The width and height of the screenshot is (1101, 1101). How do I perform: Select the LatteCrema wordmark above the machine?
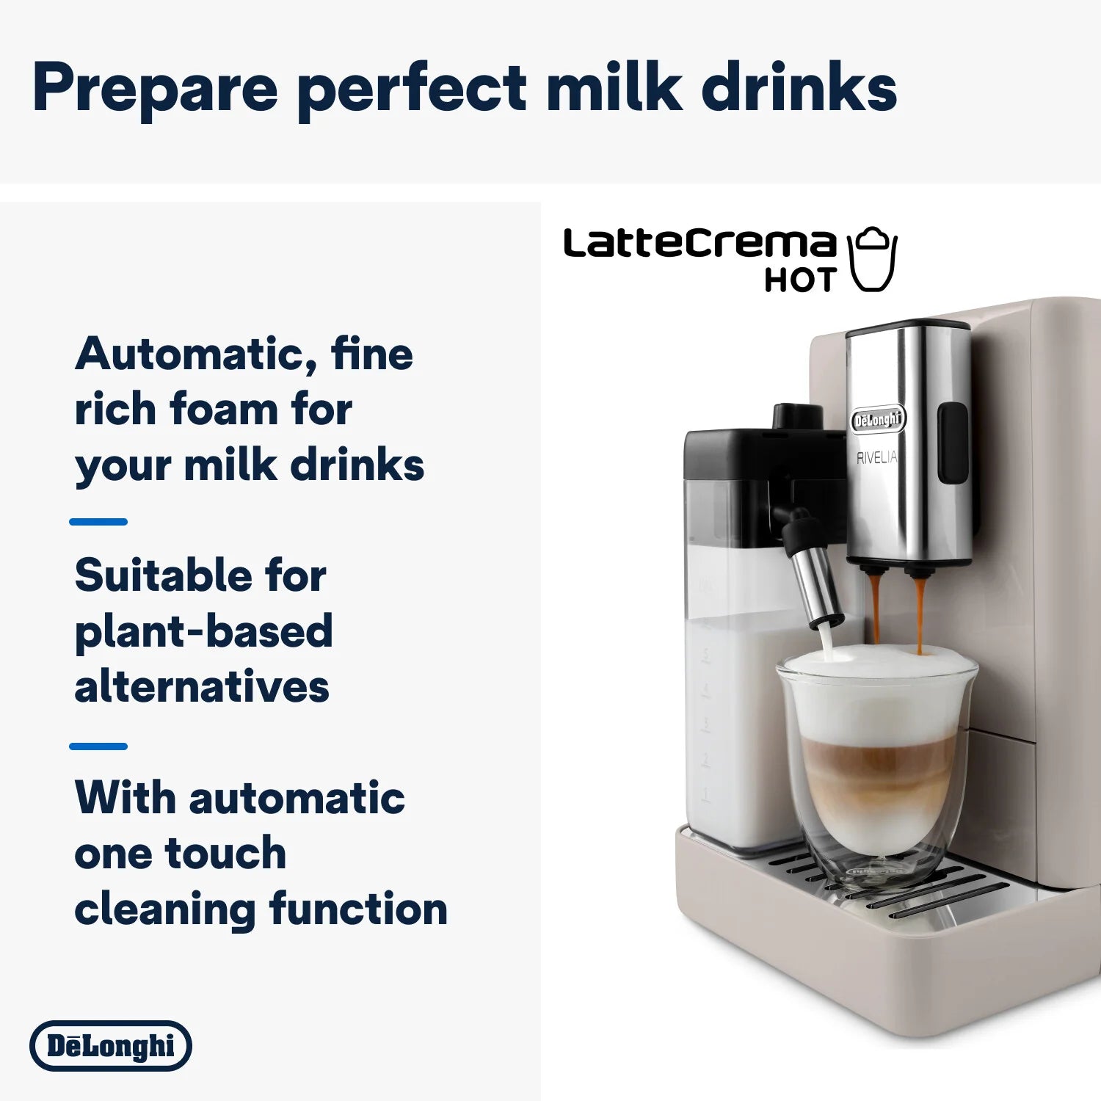tap(700, 243)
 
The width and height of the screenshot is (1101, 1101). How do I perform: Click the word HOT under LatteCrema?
tap(800, 280)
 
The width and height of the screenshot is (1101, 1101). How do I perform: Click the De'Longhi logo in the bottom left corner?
tap(111, 1045)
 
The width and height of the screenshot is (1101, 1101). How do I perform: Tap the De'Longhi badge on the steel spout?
tap(878, 420)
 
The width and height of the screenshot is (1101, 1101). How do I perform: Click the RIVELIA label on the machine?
tap(876, 458)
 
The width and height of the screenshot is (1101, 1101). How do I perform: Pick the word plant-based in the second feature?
tap(203, 631)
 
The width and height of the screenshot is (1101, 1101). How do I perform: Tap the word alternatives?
tap(202, 687)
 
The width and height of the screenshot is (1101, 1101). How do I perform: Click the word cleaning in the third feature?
tap(165, 909)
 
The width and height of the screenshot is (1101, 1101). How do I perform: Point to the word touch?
tap(225, 853)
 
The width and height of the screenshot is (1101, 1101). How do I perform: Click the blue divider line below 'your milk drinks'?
tap(98, 522)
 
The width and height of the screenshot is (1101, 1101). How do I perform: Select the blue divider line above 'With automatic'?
tap(98, 746)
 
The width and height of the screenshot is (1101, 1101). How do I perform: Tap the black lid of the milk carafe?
tap(763, 451)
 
